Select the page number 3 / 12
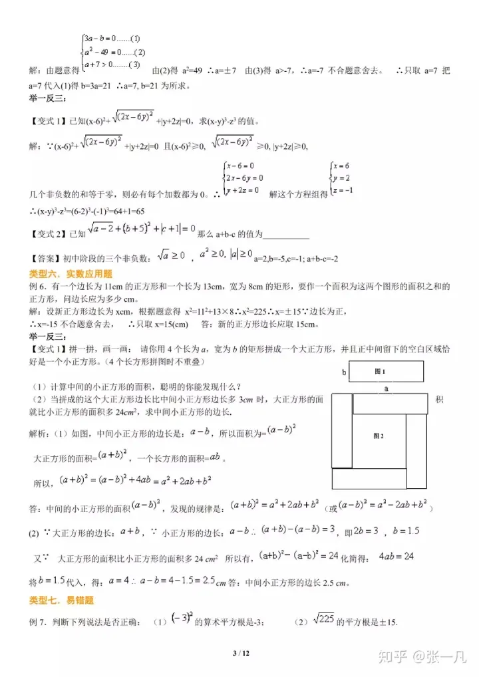coord(239,654)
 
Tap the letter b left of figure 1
coord(344,372)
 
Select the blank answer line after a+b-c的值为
coord(287,235)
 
